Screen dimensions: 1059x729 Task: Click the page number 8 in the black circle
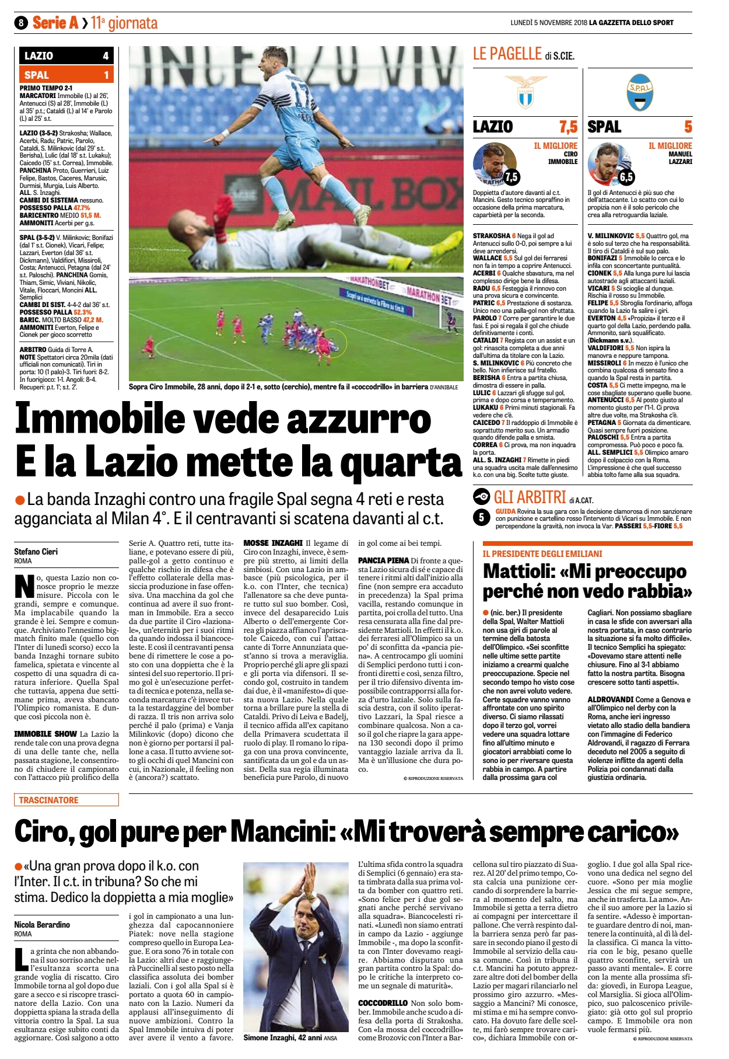coord(21,23)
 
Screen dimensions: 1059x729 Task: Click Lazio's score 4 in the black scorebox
coord(106,56)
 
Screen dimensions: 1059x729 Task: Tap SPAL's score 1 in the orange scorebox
coord(106,75)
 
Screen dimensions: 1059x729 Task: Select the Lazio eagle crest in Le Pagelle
coord(525,92)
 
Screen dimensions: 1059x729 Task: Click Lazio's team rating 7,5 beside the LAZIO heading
coord(567,127)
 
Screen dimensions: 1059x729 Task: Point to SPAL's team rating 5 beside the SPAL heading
coord(688,127)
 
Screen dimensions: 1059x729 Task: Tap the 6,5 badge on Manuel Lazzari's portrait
coord(626,177)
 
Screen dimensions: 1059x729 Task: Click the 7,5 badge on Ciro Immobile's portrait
coord(511,177)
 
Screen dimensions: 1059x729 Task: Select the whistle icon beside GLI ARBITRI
coord(482,497)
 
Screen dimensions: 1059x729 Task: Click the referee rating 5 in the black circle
coord(482,517)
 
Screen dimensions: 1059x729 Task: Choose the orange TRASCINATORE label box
coord(66,800)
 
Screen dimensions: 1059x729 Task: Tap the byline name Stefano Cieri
coord(36,552)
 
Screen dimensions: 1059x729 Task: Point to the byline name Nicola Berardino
coord(42,925)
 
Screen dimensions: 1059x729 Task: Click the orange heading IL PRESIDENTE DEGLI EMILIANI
coord(542,553)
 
